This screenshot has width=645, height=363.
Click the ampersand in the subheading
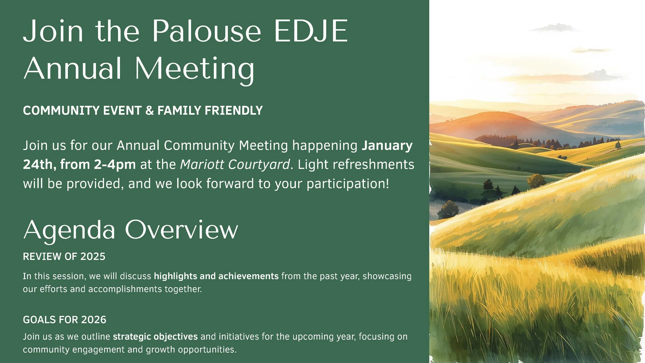[x=149, y=111]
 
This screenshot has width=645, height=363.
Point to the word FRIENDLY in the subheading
[x=233, y=111]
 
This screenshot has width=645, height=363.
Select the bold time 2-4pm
[x=115, y=164]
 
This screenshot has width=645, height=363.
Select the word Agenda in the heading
[x=69, y=230]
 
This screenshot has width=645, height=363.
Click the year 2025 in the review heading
[x=93, y=257]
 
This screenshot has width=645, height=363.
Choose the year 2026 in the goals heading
[x=93, y=320]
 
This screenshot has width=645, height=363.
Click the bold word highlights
[x=175, y=276]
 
